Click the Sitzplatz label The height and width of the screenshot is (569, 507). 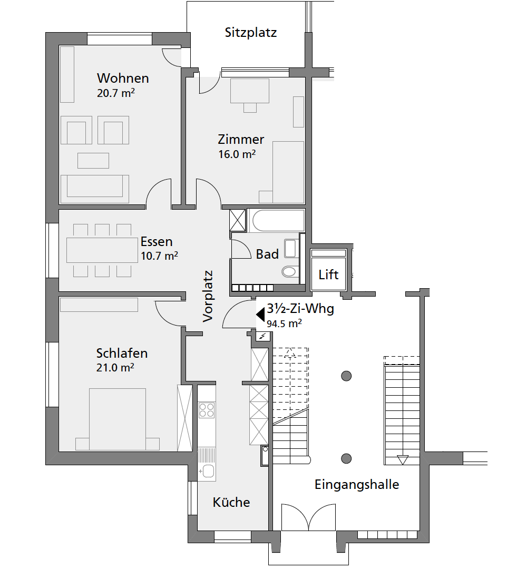tap(251, 33)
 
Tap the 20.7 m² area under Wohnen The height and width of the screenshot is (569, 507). tap(116, 93)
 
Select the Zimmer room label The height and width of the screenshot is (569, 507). tap(241, 139)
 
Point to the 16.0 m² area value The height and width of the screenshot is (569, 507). tap(237, 154)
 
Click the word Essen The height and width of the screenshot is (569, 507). tap(157, 242)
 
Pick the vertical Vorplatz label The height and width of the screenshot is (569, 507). tap(208, 297)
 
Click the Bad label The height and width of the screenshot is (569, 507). tap(268, 254)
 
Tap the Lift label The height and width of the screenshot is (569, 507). tap(328, 274)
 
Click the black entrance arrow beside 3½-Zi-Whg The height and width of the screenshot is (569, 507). tap(260, 315)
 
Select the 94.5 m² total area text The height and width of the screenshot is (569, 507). tap(285, 323)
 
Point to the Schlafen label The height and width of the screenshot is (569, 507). tap(122, 354)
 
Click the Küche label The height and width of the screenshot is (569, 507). tap(231, 503)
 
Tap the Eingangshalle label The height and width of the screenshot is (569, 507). tap(357, 485)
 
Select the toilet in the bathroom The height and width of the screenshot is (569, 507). tap(289, 271)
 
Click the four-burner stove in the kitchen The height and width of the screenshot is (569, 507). tap(207, 410)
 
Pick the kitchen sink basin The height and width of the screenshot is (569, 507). tap(208, 471)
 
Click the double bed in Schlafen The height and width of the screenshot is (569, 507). tap(118, 419)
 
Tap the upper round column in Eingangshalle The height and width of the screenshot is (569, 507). tap(347, 376)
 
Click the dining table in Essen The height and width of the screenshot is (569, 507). tap(102, 250)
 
